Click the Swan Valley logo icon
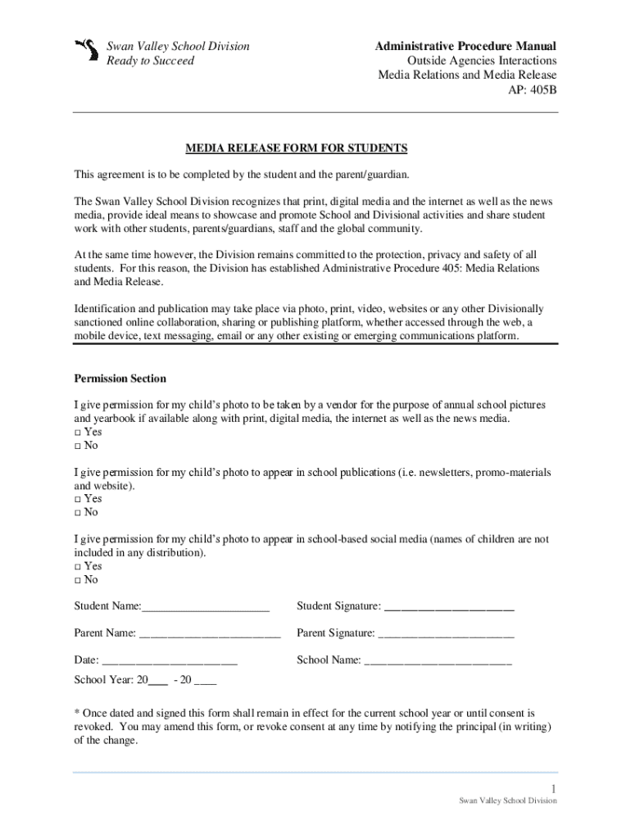(x=84, y=52)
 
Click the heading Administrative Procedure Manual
(x=465, y=46)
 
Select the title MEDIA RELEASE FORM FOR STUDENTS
(x=296, y=148)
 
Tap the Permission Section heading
(x=120, y=379)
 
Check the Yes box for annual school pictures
(x=78, y=433)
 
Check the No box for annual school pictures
(x=78, y=446)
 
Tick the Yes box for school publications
(x=78, y=499)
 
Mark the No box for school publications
(x=78, y=512)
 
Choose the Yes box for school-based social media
(x=78, y=566)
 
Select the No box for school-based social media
(x=78, y=579)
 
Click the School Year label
(x=106, y=680)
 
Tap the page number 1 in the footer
(x=554, y=788)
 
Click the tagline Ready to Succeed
(x=151, y=61)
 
